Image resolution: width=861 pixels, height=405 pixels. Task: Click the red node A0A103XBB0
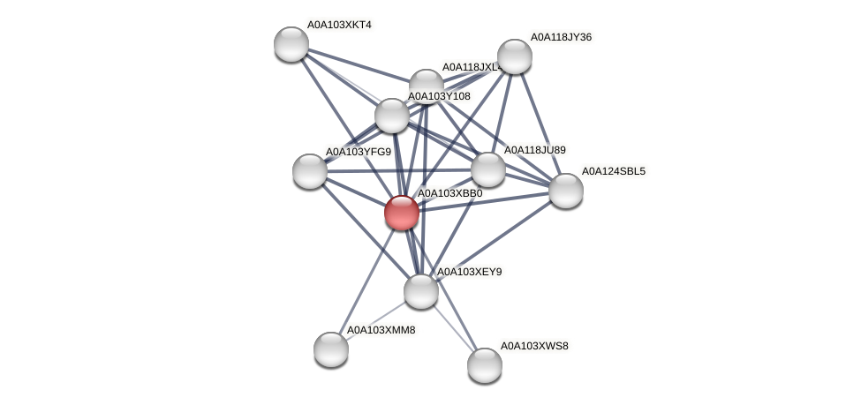pos(402,213)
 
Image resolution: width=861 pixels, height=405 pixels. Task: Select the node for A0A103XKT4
pos(291,44)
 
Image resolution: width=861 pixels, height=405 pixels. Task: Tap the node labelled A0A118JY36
pos(514,56)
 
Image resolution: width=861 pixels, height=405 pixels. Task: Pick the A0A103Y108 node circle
pos(392,116)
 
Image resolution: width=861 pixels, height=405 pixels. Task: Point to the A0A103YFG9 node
pos(310,170)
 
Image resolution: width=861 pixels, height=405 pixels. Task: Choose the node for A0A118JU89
pos(487,169)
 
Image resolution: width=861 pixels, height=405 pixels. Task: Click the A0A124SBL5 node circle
pos(566,191)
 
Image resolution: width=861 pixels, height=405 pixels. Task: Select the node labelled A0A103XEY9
pos(421,291)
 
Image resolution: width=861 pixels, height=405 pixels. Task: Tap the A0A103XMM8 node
pos(331,349)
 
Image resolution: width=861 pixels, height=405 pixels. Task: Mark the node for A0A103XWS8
pos(485,365)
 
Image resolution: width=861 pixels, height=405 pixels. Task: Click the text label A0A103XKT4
pos(339,25)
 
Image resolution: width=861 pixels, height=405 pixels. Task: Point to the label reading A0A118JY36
pos(560,37)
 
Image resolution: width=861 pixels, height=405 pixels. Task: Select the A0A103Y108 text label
pos(439,96)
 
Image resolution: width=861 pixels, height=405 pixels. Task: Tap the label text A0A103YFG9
pos(358,152)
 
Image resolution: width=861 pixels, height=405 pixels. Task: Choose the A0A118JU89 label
pos(534,150)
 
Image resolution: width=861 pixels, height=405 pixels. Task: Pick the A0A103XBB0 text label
pos(449,193)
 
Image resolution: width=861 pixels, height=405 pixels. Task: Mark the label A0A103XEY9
pos(469,272)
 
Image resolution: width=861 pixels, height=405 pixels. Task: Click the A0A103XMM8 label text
pos(380,330)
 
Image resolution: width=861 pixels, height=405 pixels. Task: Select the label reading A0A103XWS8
pos(534,346)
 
